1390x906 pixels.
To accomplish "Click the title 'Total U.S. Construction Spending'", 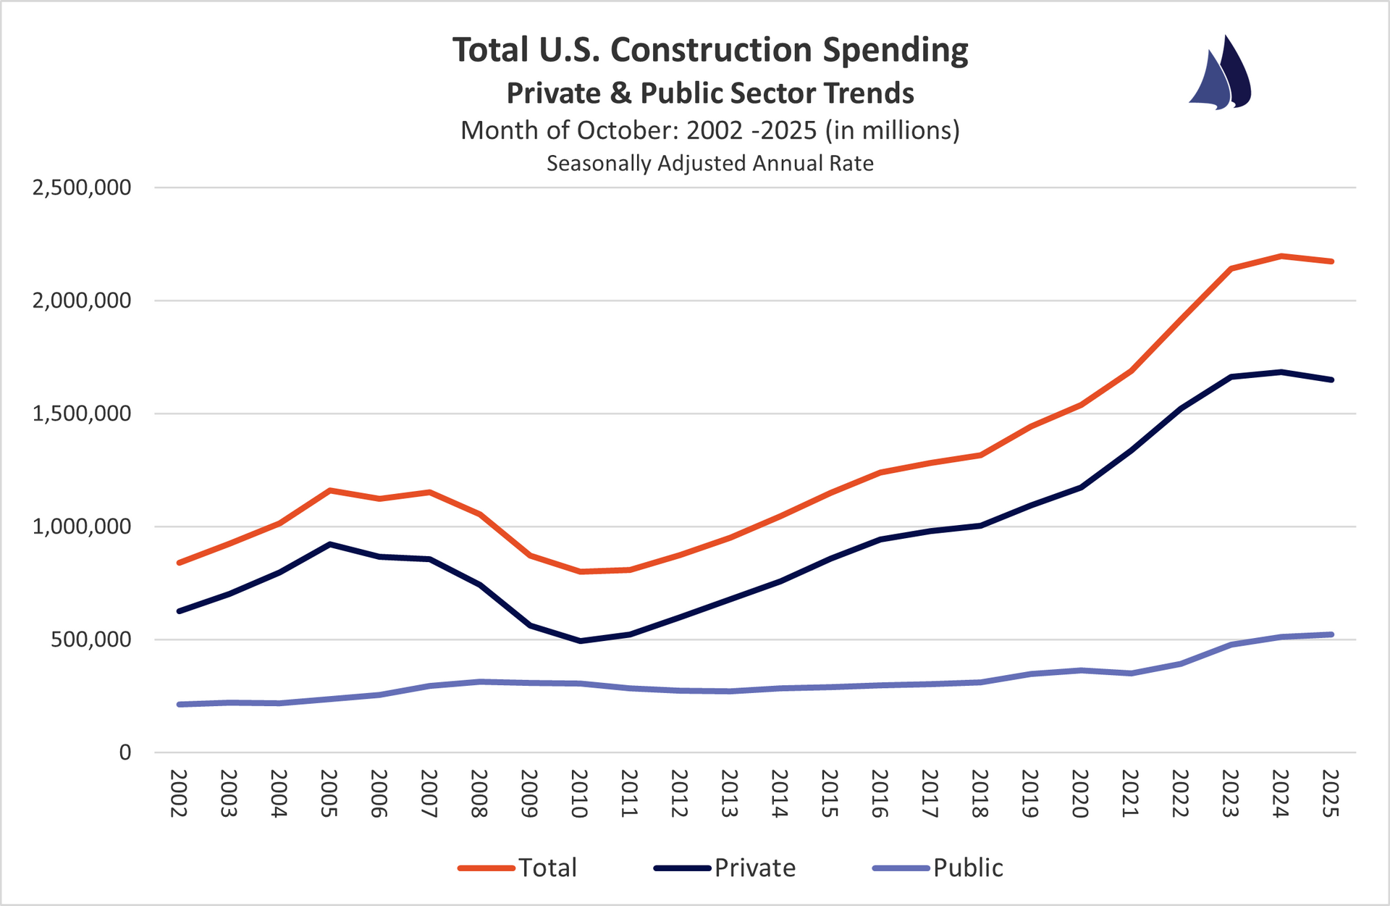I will [x=710, y=51].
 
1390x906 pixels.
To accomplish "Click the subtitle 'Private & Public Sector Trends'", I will [x=710, y=93].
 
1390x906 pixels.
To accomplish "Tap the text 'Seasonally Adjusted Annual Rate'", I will [x=710, y=164].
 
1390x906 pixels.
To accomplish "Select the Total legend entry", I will [x=519, y=868].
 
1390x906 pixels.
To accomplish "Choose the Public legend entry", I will [x=939, y=868].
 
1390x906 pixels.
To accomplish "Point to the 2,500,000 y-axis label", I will [x=82, y=188].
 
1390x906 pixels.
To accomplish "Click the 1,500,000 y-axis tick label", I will [x=82, y=414].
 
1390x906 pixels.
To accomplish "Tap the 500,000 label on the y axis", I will [x=91, y=639].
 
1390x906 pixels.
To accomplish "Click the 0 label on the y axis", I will [x=125, y=752].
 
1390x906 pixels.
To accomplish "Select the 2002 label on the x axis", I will [x=179, y=794].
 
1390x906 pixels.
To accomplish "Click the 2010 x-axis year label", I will [x=579, y=794].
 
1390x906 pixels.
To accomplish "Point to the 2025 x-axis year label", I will [x=1331, y=794].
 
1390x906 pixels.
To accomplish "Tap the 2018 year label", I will [x=980, y=794].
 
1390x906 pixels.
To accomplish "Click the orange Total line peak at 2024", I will [x=1281, y=256].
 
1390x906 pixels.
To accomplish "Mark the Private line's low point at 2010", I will [x=580, y=641].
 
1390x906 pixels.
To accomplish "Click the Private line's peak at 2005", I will [x=329, y=544].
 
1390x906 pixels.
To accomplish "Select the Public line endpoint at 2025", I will [x=1331, y=634].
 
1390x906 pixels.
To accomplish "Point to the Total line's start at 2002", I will [x=179, y=563].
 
